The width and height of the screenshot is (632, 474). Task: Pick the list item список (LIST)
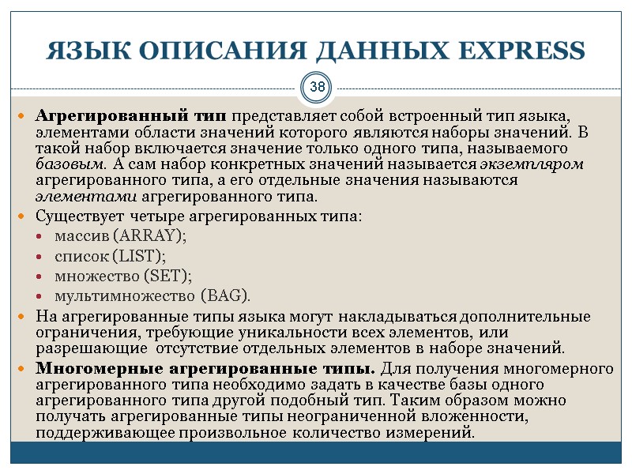[110, 256]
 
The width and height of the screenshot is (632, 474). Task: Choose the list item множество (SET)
[122, 276]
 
